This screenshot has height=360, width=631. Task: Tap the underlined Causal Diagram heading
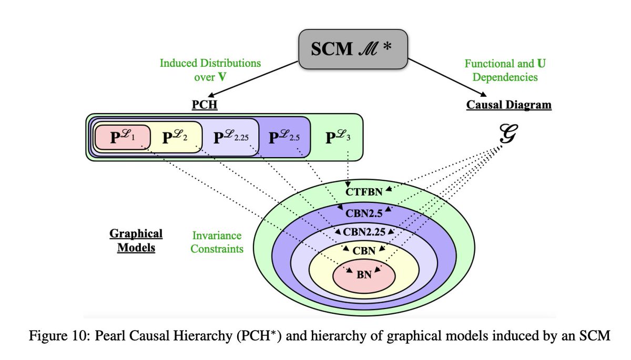tap(509, 105)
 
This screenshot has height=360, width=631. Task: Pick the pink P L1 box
tap(123, 138)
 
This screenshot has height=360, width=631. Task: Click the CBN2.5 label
tap(368, 213)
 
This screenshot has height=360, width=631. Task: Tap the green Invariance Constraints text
tap(217, 242)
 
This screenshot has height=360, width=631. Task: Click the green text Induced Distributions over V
tap(210, 70)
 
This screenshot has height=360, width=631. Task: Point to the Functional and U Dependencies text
tap(500, 70)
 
